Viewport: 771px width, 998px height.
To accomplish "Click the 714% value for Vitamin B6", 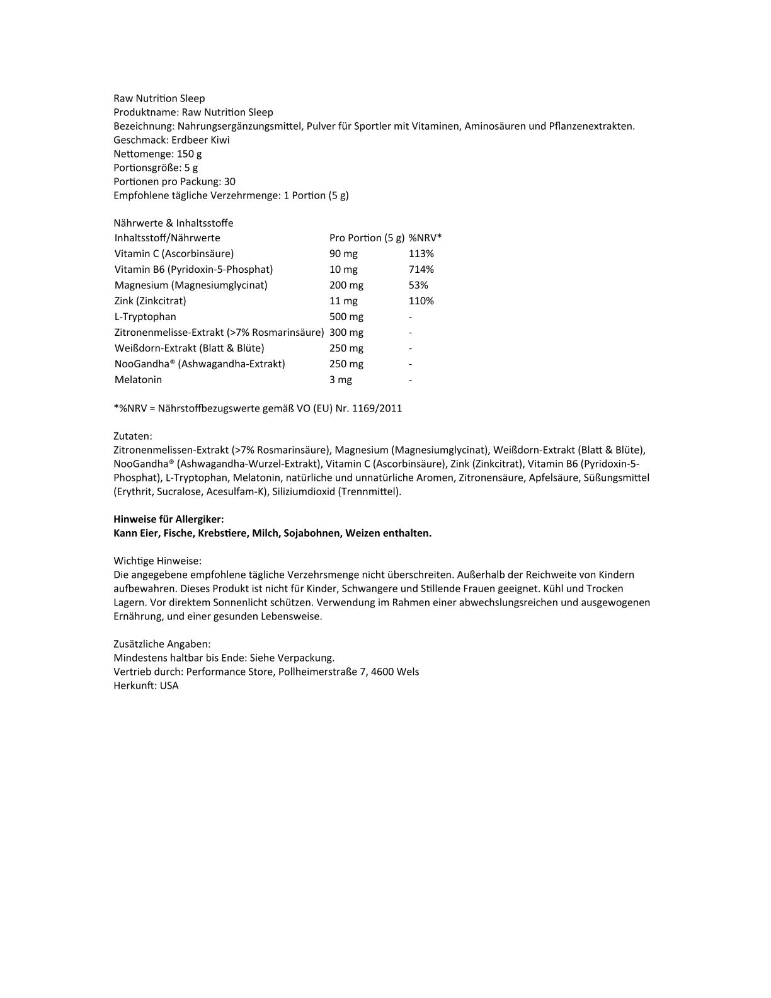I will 421,269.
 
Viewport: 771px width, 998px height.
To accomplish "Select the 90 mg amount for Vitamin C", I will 343,253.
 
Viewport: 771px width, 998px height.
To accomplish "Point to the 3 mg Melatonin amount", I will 341,379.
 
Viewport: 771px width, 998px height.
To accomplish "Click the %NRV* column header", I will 425,238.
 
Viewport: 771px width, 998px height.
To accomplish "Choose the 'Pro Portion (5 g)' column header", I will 367,238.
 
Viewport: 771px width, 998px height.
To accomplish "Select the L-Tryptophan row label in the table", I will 146,316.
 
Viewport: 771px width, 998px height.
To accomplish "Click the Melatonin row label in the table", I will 138,379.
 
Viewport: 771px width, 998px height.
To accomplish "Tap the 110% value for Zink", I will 421,301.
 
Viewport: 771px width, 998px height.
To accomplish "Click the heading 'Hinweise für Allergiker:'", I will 169,519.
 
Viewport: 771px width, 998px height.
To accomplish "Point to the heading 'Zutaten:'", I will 133,436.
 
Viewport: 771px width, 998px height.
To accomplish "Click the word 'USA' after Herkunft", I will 169,685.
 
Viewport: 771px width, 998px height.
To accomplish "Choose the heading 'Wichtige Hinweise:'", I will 157,561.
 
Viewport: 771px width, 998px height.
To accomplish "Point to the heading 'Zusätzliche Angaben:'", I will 162,644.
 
